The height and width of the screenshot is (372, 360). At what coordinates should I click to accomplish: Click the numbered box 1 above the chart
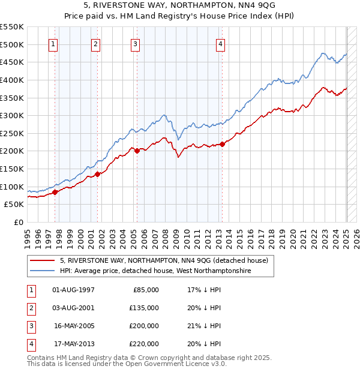click(x=53, y=44)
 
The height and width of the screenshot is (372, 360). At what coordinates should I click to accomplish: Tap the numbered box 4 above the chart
click(x=221, y=44)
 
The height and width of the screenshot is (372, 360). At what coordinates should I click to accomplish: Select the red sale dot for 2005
click(x=137, y=151)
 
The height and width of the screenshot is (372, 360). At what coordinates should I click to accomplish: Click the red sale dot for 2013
click(x=222, y=143)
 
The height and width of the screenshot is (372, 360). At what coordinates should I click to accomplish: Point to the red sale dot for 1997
click(x=55, y=192)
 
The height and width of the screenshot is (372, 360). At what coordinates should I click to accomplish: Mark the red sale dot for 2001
click(x=97, y=174)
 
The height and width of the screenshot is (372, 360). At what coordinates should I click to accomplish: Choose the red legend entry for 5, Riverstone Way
click(x=167, y=260)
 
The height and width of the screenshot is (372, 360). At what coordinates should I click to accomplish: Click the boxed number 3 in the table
click(x=30, y=326)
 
